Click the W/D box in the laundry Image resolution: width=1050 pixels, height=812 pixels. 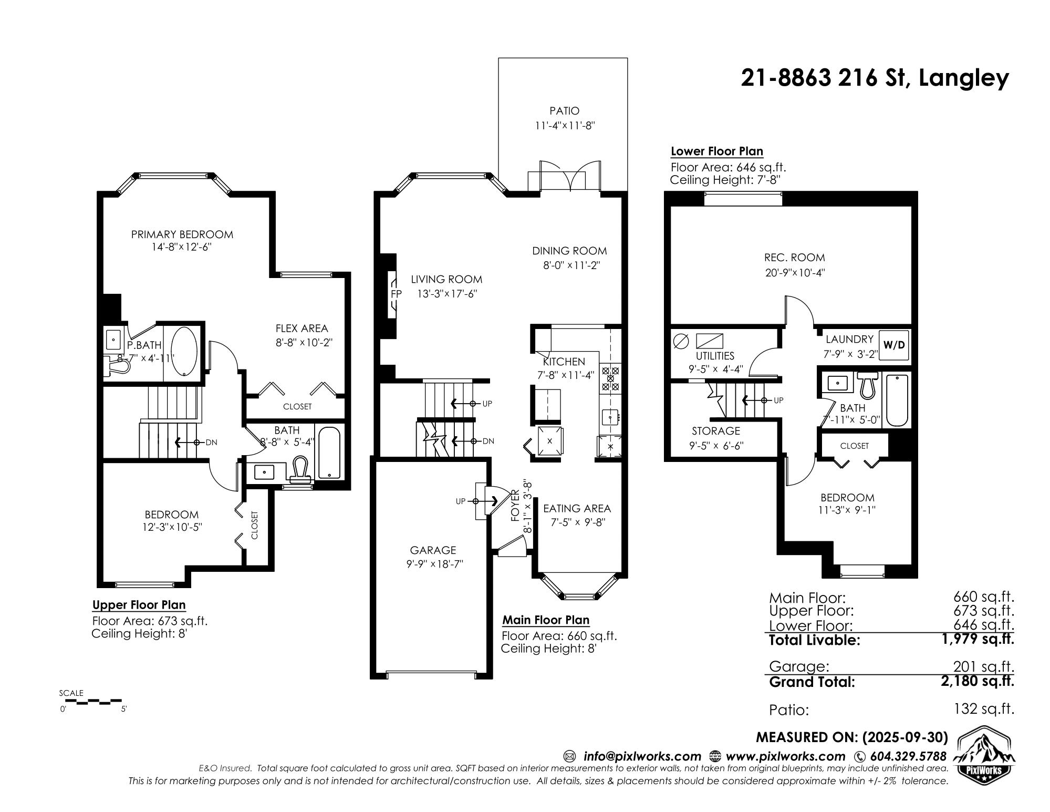[x=893, y=345]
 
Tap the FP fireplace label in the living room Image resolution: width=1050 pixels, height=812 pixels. [x=396, y=294]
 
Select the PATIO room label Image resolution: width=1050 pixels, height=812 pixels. [x=564, y=111]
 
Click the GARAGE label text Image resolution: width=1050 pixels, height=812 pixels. [x=433, y=550]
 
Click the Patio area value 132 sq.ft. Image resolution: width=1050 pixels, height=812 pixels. [x=984, y=709]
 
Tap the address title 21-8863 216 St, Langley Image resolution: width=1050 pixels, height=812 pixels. [x=875, y=78]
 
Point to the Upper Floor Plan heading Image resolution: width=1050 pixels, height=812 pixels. [x=139, y=605]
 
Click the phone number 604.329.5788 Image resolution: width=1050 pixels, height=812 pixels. [x=908, y=756]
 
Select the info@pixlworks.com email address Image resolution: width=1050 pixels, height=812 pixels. [x=642, y=756]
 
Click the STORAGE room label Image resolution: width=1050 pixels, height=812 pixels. [x=715, y=431]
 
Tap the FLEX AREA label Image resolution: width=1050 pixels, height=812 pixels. [x=302, y=328]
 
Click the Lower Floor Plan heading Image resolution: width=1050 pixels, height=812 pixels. [x=716, y=151]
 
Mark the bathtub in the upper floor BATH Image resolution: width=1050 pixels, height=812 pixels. [x=329, y=453]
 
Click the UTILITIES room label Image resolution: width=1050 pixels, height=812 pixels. [x=715, y=356]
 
